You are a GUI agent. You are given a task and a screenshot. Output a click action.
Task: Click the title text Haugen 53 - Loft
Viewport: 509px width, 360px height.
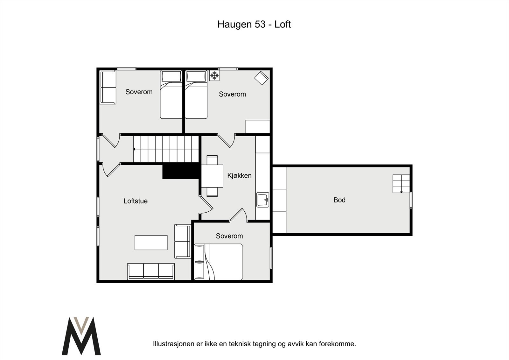pos(254,24)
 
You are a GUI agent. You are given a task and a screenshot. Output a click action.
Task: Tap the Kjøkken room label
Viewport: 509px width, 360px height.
pos(240,176)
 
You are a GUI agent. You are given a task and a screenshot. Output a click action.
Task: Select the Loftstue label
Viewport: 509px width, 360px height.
pos(136,201)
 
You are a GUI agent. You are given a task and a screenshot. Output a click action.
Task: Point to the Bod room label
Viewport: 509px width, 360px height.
pos(339,200)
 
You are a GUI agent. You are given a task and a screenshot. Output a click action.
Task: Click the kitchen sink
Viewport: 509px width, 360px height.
pos(263,200)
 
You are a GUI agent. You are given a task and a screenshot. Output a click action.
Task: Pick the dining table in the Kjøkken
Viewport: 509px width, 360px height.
pos(212,176)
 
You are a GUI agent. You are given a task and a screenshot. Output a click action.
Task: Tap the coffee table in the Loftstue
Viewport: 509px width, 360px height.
pos(151,243)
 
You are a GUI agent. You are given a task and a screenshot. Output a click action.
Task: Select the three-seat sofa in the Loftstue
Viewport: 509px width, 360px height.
pos(151,271)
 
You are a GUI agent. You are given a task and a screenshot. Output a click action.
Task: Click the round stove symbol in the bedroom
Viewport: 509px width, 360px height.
pos(214,75)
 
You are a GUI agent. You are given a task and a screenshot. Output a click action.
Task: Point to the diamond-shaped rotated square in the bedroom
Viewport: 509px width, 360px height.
pos(261,78)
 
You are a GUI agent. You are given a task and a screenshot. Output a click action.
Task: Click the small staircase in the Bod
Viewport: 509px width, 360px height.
pos(401,184)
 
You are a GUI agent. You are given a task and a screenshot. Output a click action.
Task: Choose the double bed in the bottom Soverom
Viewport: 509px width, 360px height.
pos(218,262)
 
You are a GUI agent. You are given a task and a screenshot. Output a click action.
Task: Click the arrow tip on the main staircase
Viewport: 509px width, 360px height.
pos(134,149)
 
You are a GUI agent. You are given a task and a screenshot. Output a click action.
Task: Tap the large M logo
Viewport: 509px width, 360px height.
pos(81,336)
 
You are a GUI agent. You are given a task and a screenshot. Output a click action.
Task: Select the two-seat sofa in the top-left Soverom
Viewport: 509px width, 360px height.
pos(108,87)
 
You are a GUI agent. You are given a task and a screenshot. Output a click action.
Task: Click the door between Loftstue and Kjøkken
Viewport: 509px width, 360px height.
pos(206,205)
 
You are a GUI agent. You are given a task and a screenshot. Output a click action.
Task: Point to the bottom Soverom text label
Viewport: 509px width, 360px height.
pos(229,236)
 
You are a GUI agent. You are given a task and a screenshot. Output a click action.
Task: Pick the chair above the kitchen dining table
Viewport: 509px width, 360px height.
pos(212,160)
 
